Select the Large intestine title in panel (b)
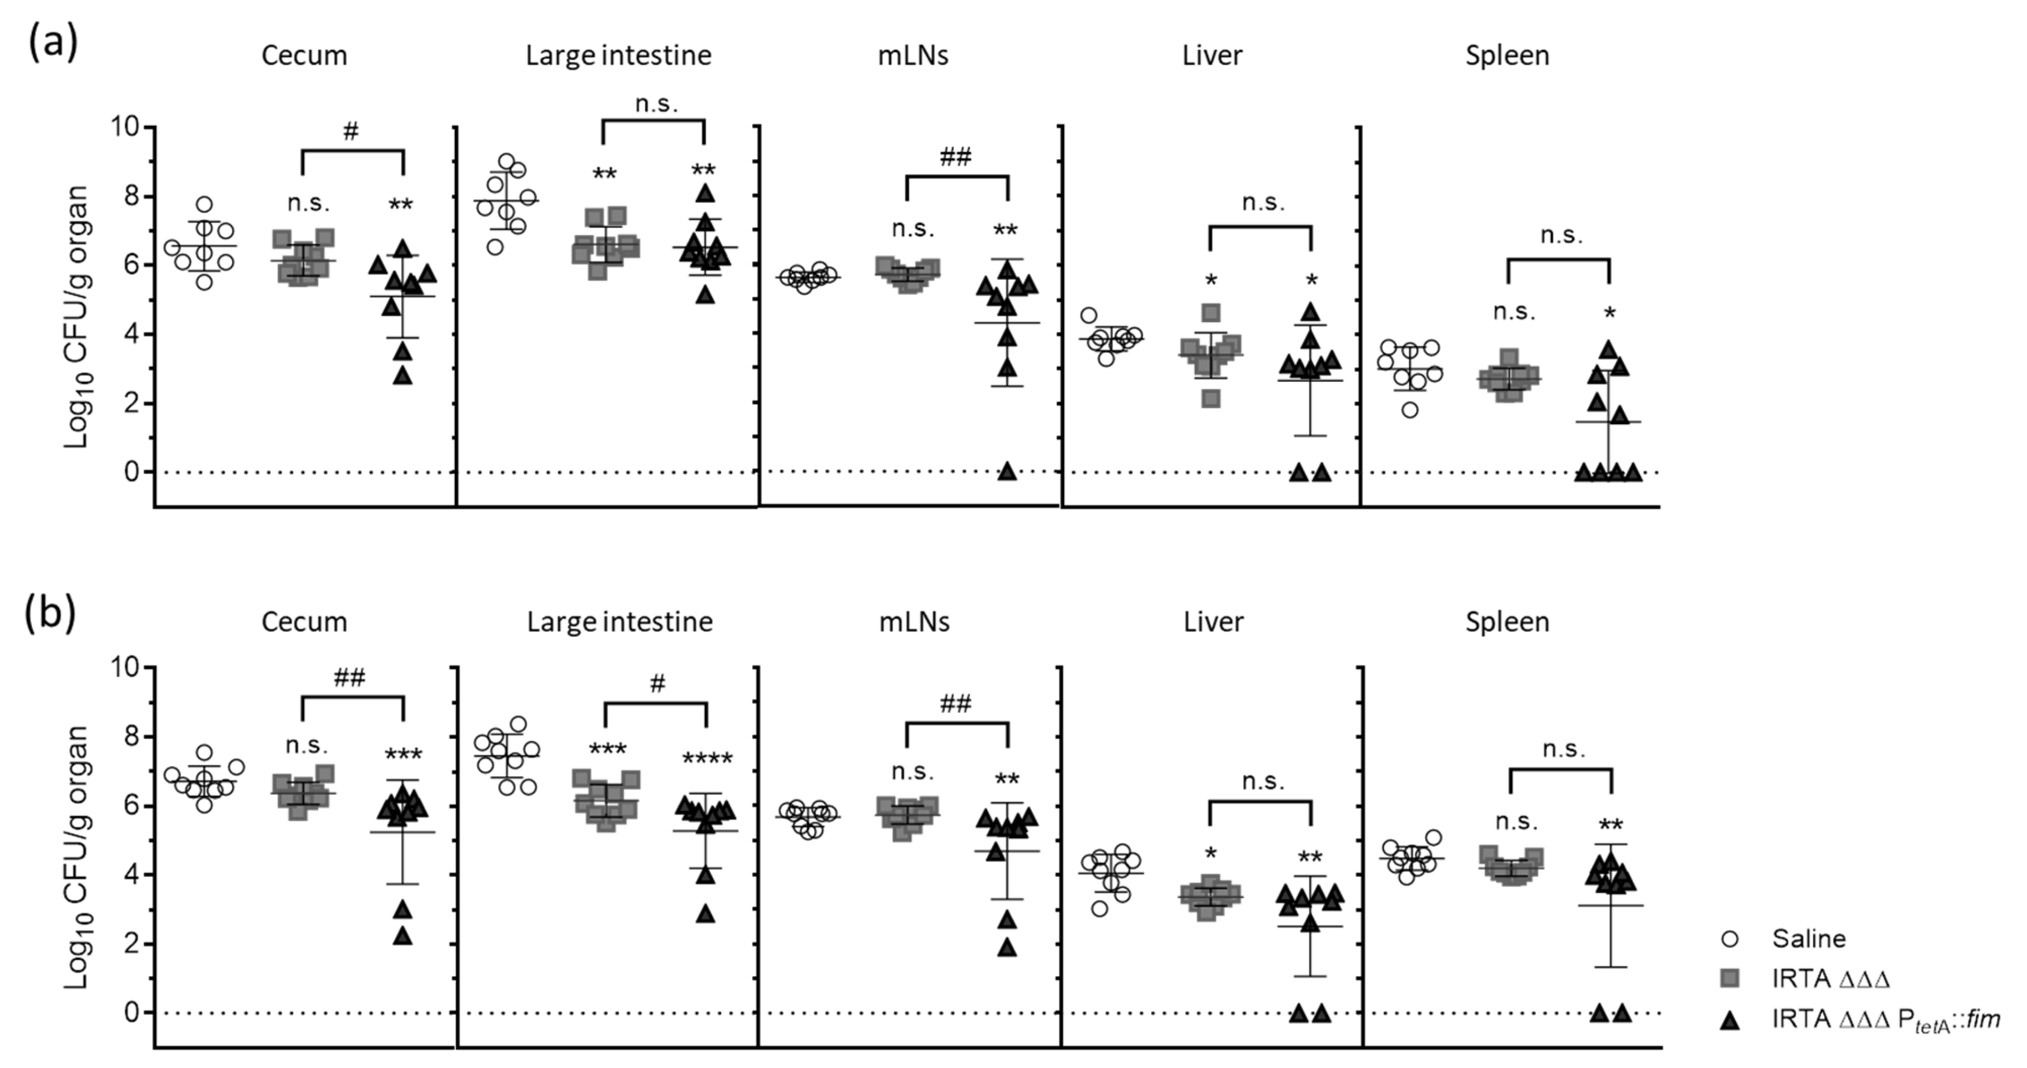[619, 622]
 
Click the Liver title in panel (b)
[1212, 622]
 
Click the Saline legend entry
[1808, 938]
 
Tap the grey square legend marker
[1730, 979]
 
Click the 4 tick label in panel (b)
[131, 874]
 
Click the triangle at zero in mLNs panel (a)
[1007, 472]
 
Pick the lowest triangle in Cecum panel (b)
[403, 936]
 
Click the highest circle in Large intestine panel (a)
[506, 161]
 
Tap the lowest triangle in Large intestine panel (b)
[706, 914]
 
